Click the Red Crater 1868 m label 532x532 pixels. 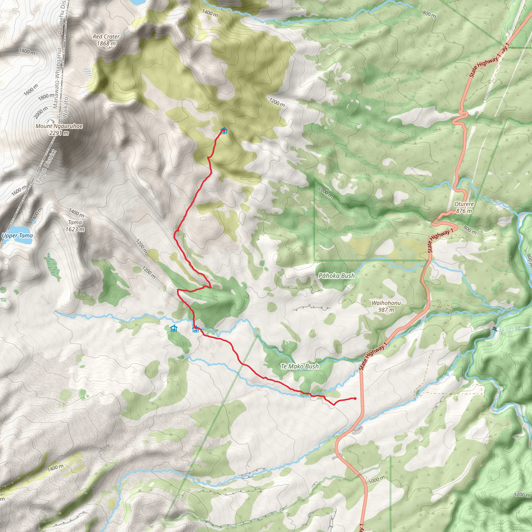tap(106, 40)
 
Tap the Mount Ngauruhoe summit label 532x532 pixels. tap(59, 129)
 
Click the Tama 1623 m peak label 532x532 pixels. tap(75, 225)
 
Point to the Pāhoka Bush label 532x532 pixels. tap(336, 276)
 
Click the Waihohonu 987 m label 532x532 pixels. tap(386, 306)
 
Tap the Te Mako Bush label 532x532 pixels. tap(300, 366)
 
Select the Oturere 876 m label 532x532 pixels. tap(464, 207)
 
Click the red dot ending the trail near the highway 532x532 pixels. tap(355, 398)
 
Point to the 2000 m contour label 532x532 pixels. tap(41, 112)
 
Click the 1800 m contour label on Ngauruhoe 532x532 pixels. tap(46, 96)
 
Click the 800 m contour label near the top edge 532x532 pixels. tap(429, 14)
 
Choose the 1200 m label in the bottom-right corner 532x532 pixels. tap(522, 495)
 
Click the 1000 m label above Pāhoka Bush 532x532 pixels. tap(325, 192)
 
